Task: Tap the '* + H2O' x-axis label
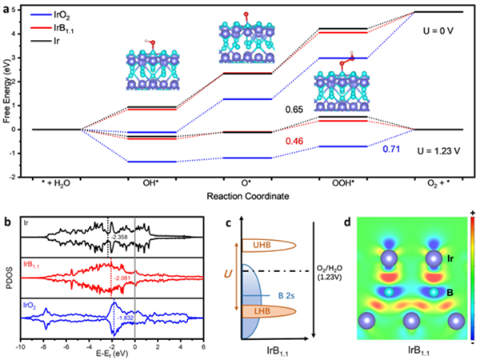coord(54,182)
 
